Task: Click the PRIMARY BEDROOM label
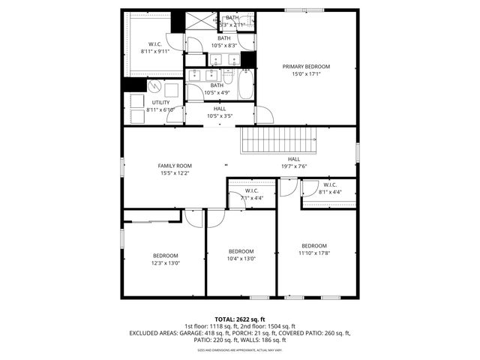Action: (306, 67)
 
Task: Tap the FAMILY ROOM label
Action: (175, 165)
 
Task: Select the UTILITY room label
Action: (160, 102)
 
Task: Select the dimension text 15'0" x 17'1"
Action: (306, 74)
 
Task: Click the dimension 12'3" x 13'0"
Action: (166, 262)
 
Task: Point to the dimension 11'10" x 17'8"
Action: (314, 253)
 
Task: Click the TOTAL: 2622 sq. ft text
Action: (240, 319)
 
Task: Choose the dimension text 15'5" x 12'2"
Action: (175, 173)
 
